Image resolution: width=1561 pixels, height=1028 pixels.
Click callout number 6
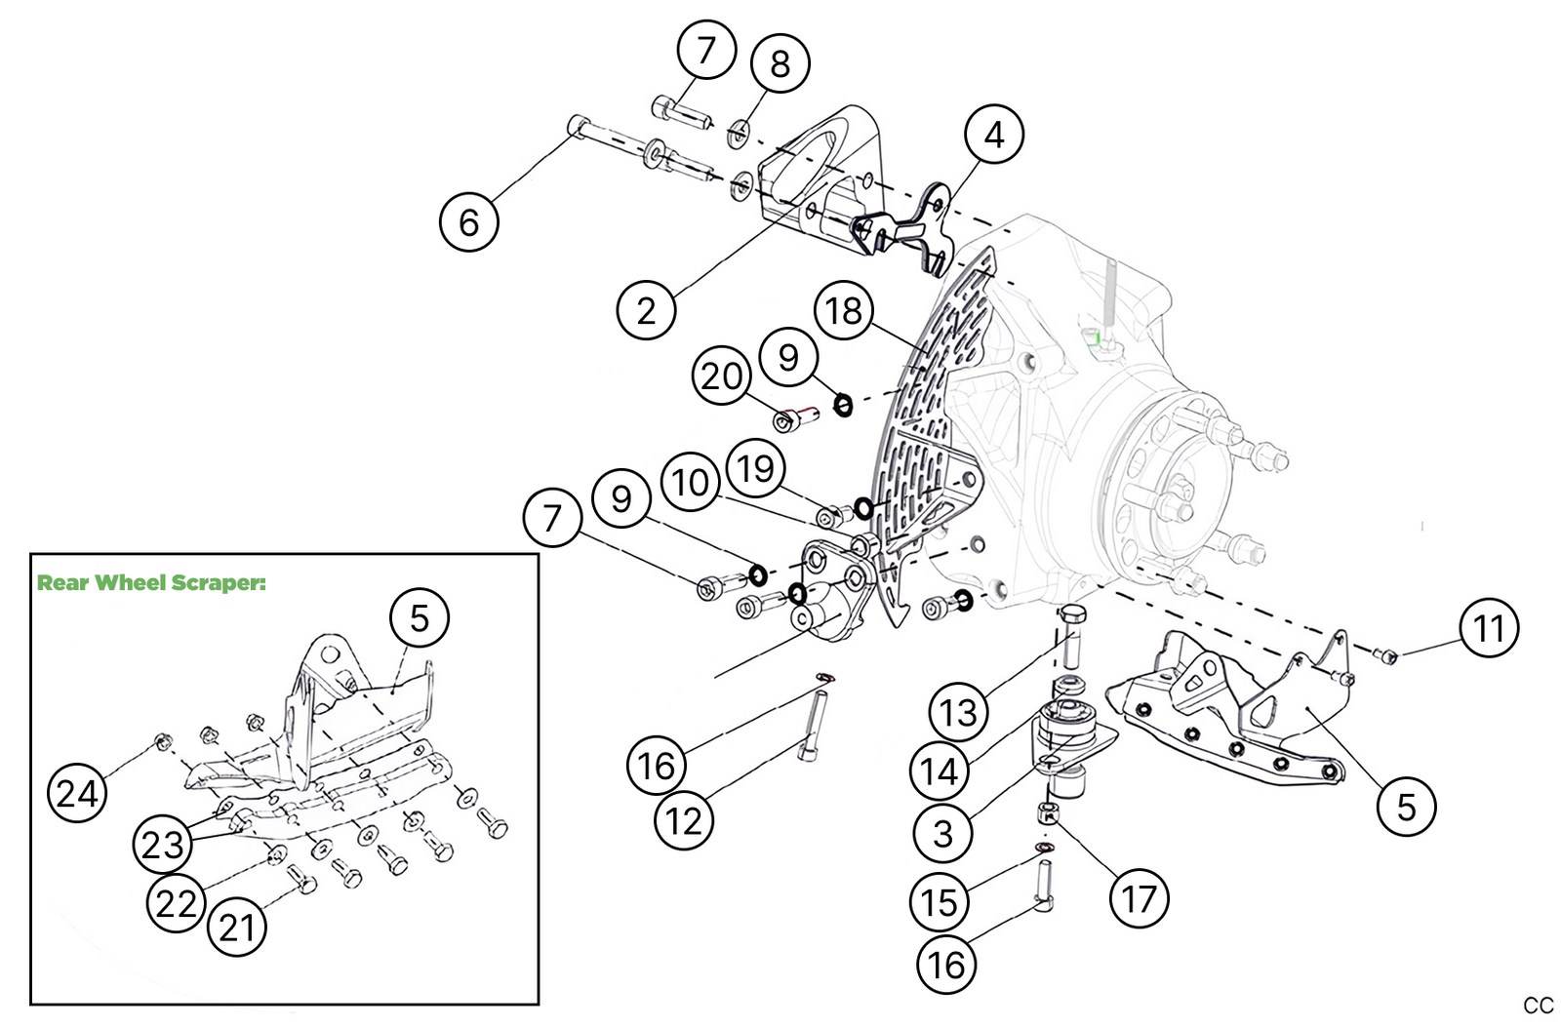point(468,222)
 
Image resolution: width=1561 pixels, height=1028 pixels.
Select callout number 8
point(780,63)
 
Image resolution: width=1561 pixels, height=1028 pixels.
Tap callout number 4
point(993,135)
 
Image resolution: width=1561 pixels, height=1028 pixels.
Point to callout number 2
point(646,310)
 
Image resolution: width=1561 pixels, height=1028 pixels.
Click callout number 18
point(844,310)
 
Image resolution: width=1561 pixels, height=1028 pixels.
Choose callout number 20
point(722,376)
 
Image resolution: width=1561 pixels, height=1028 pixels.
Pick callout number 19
point(756,468)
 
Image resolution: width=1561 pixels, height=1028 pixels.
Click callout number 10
point(691,482)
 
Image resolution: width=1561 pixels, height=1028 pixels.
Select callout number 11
point(1489,628)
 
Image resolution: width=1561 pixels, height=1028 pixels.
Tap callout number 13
point(958,712)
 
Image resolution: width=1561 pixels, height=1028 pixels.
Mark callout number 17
point(1139,898)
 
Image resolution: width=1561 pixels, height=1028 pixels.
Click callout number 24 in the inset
point(77,793)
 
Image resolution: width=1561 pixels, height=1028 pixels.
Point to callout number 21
point(237,927)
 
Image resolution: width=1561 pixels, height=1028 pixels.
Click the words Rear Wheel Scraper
point(151,583)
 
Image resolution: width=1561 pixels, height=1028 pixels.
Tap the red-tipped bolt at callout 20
point(795,418)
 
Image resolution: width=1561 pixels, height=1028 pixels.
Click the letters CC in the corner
point(1538,1006)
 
